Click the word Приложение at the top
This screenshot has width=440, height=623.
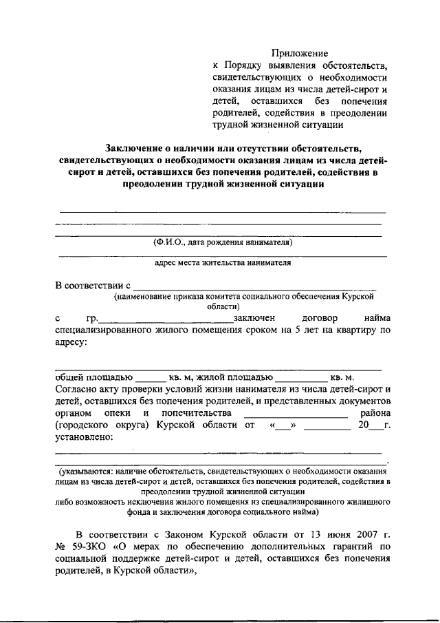pos(299,53)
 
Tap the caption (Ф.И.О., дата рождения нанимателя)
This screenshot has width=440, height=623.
pos(223,242)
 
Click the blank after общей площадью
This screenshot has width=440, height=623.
pos(151,378)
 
